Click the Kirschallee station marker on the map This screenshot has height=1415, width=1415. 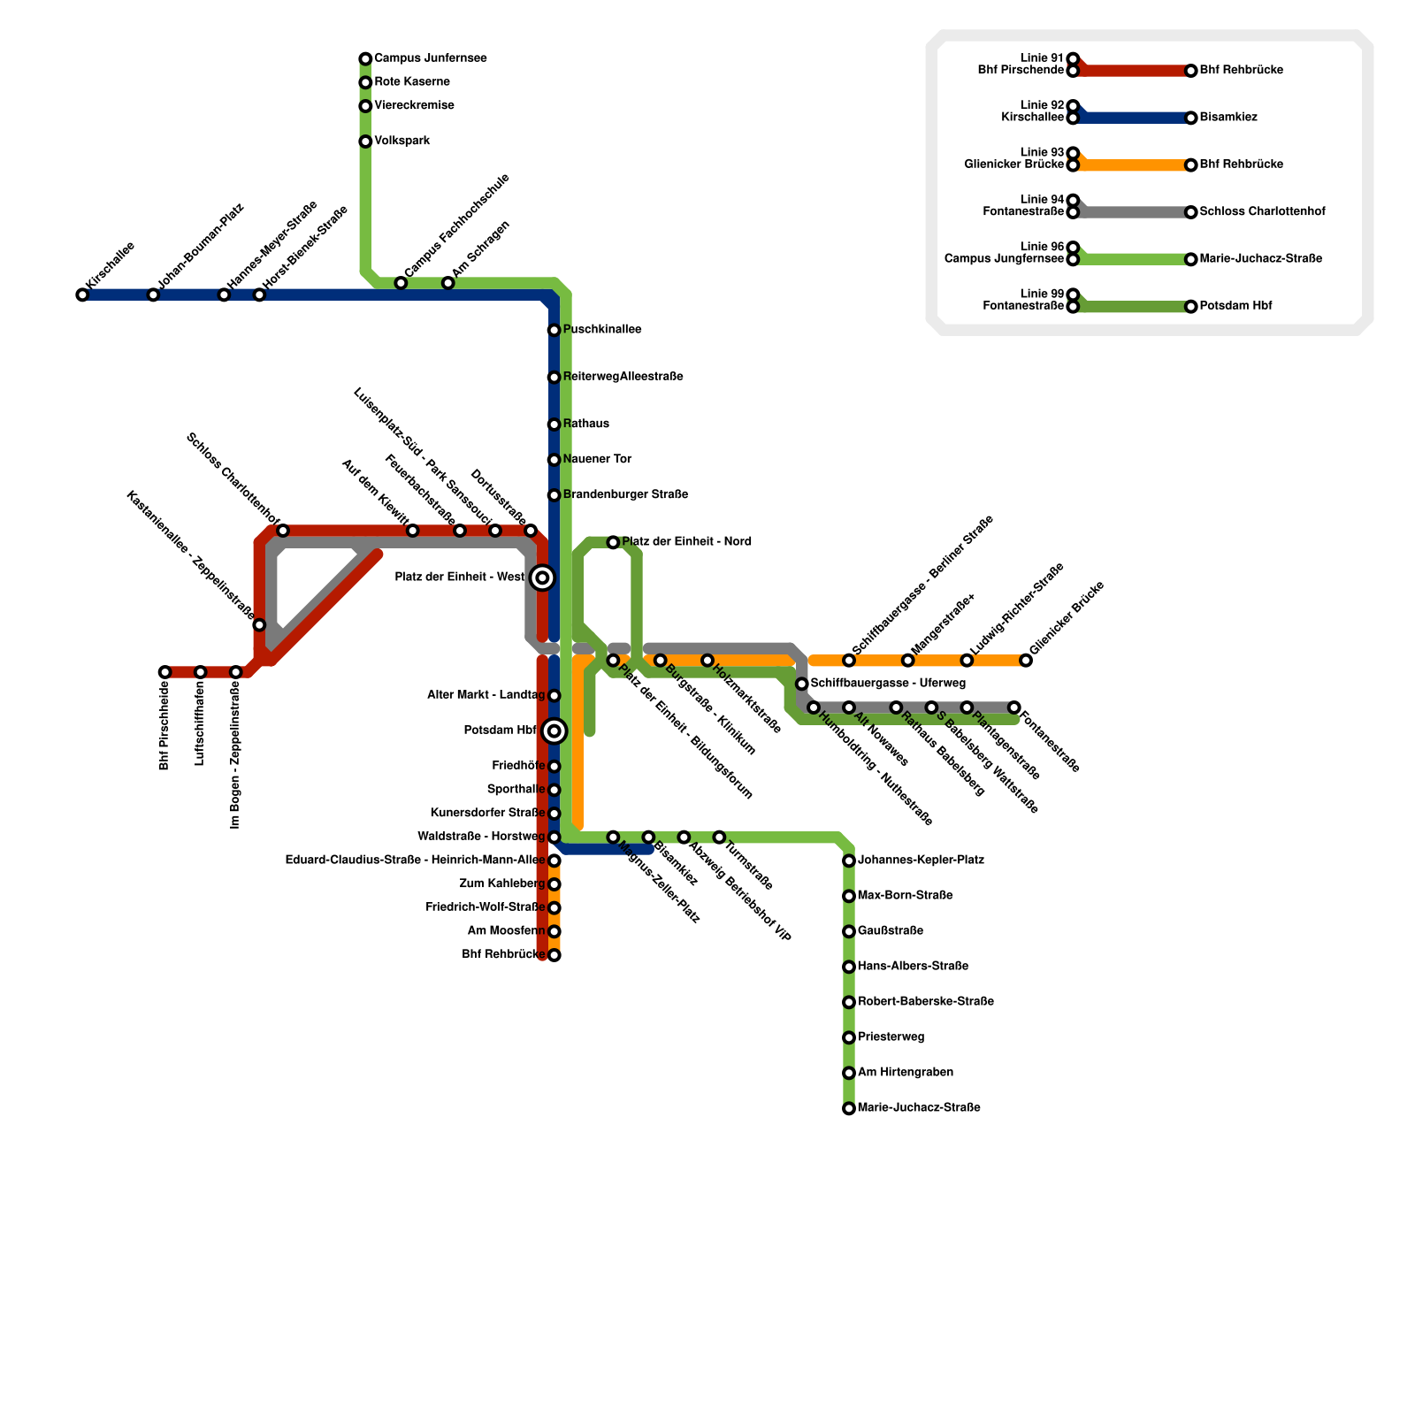click(82, 294)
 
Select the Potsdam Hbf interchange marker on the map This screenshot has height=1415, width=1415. click(554, 730)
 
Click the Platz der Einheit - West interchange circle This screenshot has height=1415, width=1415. click(543, 578)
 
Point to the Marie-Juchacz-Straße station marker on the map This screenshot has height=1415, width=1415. click(849, 1108)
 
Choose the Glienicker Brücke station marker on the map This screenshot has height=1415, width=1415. click(1025, 661)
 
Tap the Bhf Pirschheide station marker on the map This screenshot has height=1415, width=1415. click(165, 672)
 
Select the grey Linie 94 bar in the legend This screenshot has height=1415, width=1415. click(1132, 212)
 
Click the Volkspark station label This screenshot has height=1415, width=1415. click(402, 141)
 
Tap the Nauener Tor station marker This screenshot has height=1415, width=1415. click(554, 460)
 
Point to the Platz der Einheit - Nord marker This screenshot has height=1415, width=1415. click(613, 542)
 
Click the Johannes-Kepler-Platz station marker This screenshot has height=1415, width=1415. click(849, 860)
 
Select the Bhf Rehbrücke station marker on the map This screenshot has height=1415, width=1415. click(554, 955)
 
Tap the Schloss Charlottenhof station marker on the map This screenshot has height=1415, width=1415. click(282, 531)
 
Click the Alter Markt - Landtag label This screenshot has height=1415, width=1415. click(486, 696)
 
